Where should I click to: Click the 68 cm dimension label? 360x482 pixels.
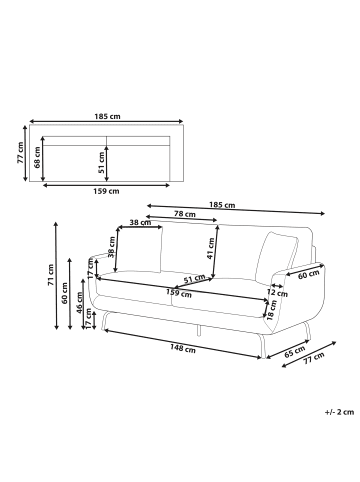click(x=37, y=158)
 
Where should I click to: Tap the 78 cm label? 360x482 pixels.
click(x=185, y=214)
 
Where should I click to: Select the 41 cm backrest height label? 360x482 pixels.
click(x=210, y=249)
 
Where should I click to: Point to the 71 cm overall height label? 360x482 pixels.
click(x=50, y=275)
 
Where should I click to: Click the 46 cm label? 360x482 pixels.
click(x=79, y=303)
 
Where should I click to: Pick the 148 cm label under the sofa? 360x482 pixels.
click(x=183, y=348)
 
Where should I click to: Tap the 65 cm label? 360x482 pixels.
click(x=295, y=351)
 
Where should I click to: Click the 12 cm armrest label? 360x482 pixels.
click(x=277, y=293)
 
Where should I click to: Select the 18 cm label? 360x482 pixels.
click(x=272, y=310)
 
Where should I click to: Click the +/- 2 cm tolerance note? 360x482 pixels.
click(x=339, y=412)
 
